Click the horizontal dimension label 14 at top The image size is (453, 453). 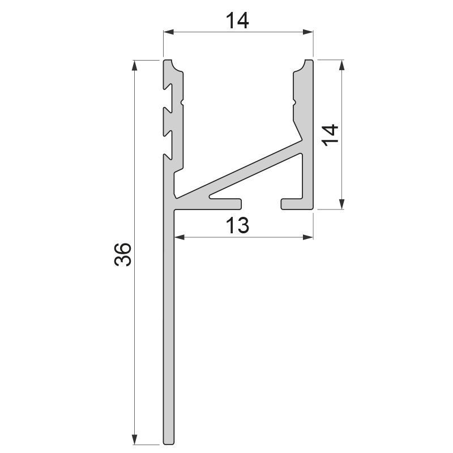pos(237,21)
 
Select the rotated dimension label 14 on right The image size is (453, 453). pos(330,135)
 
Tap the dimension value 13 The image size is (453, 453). pos(237,225)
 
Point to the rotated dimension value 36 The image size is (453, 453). pos(123,254)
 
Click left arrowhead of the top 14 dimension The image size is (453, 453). pos(168,32)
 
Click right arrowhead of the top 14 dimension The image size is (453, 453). pos(308,32)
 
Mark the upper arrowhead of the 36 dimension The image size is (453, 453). pos(134,65)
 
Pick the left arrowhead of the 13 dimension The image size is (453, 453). pos(180,237)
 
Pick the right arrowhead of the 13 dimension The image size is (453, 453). pos(308,237)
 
